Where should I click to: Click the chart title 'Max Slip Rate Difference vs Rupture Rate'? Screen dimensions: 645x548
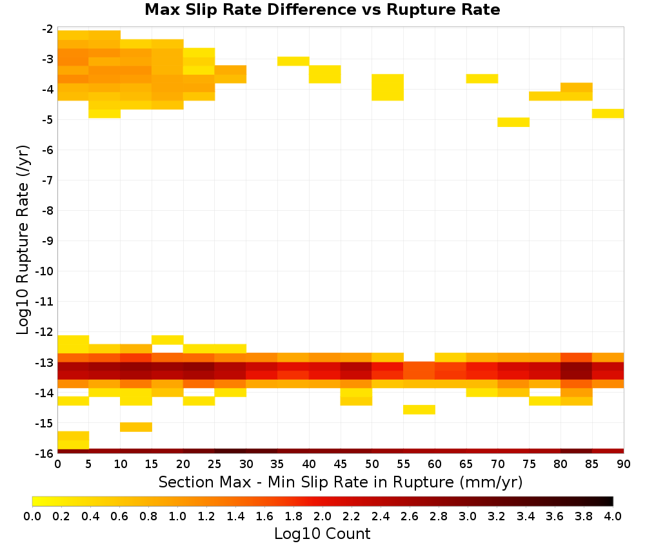click(322, 10)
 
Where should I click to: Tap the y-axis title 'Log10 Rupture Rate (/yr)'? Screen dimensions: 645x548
click(23, 240)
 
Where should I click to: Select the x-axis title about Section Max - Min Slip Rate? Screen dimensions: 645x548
click(341, 482)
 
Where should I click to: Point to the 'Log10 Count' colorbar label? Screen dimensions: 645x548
click(322, 534)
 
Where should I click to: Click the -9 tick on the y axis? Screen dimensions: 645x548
click(48, 241)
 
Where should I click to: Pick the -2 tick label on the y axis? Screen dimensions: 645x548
click(48, 29)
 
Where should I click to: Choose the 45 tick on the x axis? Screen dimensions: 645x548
click(340, 464)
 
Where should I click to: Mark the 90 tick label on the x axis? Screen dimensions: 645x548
click(624, 464)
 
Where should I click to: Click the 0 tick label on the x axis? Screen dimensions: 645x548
click(57, 464)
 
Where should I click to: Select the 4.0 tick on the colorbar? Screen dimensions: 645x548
click(613, 516)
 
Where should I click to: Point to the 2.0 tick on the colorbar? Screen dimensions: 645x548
click(322, 516)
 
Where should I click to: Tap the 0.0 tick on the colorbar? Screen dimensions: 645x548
click(32, 516)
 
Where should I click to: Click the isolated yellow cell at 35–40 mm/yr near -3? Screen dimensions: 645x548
click(293, 61)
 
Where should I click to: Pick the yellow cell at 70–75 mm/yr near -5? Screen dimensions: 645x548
click(513, 122)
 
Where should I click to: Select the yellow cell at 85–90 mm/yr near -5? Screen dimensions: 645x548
click(608, 113)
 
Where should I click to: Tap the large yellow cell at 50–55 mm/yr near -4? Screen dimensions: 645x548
click(388, 87)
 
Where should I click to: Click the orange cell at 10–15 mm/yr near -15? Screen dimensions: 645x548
click(136, 427)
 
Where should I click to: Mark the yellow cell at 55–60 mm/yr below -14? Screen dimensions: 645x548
click(419, 409)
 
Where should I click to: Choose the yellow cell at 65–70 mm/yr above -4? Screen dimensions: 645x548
click(482, 79)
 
